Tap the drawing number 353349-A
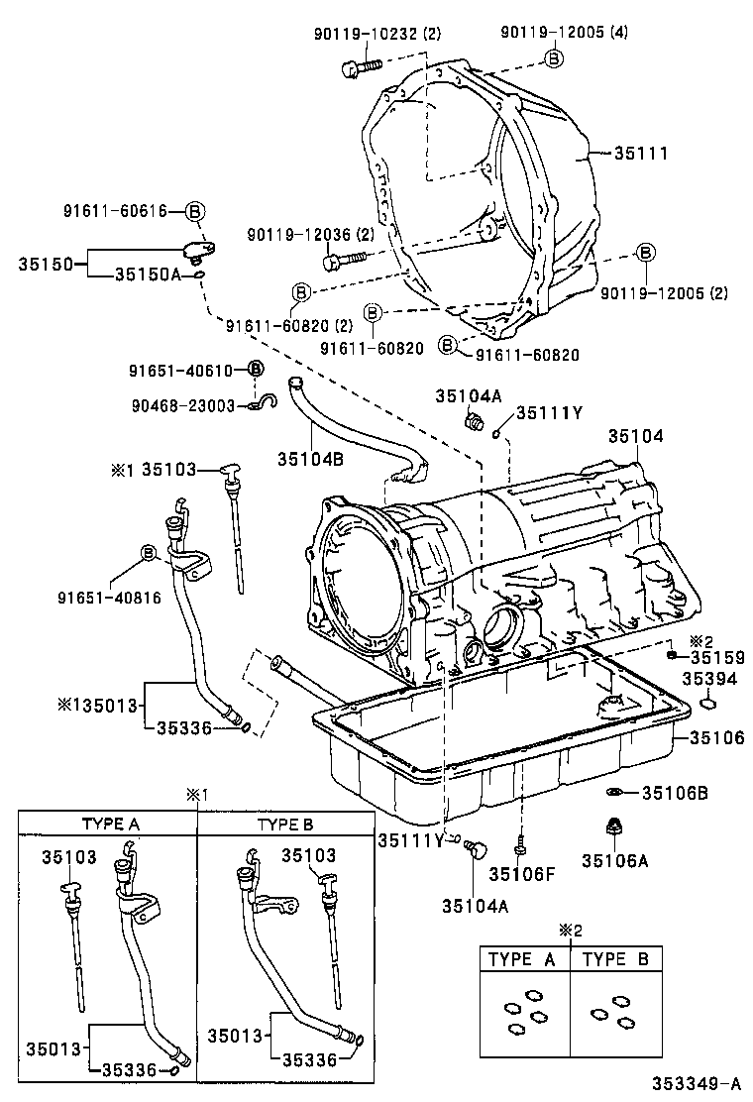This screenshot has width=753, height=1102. (696, 1083)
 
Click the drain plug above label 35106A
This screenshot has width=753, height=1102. (613, 826)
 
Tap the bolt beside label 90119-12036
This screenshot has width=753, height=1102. (341, 261)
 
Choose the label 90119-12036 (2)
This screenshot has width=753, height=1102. (311, 235)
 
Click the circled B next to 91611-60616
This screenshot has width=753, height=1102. (195, 211)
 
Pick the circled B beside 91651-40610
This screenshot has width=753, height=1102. (255, 370)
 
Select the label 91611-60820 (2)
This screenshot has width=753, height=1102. (289, 326)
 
